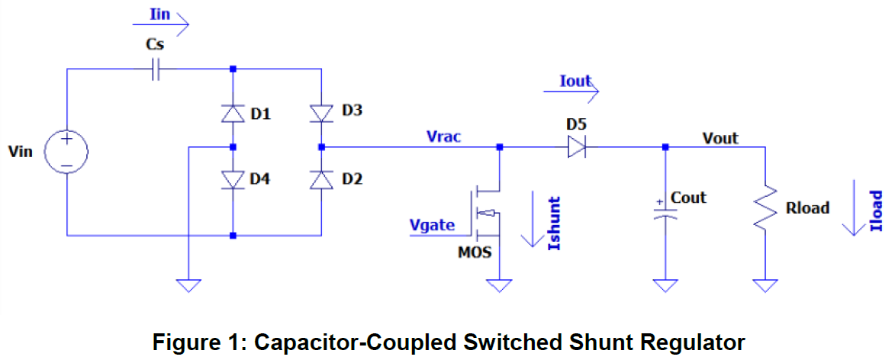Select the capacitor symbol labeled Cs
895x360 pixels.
[x=156, y=70]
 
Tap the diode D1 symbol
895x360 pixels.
[x=233, y=114]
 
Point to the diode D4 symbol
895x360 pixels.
[x=233, y=179]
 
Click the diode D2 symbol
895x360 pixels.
[x=321, y=179]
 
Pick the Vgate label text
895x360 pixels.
[x=432, y=226]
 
